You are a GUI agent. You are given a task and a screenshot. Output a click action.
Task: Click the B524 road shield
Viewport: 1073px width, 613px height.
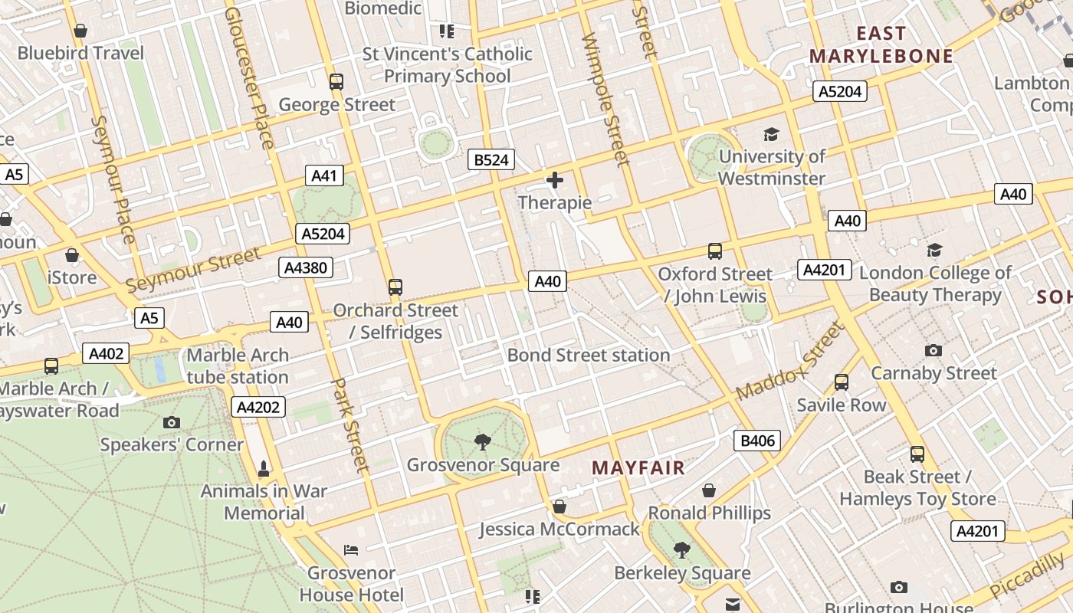(x=491, y=160)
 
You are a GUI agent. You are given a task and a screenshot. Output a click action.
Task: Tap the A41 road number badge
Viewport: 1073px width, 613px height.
(x=324, y=175)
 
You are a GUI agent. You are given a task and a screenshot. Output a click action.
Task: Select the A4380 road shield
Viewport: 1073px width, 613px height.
(x=306, y=267)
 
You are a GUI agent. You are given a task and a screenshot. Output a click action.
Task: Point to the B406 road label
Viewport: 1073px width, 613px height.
(x=757, y=441)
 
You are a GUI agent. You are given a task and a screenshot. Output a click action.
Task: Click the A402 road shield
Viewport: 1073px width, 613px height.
(x=106, y=354)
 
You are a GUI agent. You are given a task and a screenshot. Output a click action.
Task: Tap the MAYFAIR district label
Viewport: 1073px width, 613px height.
(x=638, y=467)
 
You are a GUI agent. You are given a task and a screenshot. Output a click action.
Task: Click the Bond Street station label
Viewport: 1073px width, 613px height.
(x=589, y=356)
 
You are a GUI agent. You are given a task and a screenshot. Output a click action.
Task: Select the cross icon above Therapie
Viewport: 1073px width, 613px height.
(x=555, y=181)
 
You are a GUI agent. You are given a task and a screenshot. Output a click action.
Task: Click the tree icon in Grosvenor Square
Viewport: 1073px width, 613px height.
(x=482, y=441)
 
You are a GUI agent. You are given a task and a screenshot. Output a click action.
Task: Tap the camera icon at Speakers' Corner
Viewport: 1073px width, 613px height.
(x=172, y=422)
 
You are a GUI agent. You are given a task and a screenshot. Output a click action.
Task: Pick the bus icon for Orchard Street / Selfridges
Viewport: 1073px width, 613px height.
(x=395, y=287)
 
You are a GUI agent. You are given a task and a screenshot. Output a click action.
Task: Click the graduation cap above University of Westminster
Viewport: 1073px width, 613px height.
(x=771, y=135)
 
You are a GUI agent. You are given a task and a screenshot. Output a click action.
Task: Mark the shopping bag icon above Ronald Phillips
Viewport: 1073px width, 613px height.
(x=709, y=490)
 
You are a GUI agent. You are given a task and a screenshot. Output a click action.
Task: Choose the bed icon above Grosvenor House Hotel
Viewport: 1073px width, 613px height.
(x=351, y=550)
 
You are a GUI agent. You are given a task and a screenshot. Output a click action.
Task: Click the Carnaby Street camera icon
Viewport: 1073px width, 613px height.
(x=933, y=351)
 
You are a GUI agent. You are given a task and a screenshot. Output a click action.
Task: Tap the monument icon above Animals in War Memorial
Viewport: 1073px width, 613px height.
(x=264, y=468)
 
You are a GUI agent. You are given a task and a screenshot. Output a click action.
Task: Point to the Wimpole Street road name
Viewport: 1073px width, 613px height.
(x=605, y=100)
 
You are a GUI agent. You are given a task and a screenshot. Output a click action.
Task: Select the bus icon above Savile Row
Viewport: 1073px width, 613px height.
(x=842, y=382)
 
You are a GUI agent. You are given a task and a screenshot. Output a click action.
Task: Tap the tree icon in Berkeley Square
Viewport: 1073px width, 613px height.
(x=681, y=549)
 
